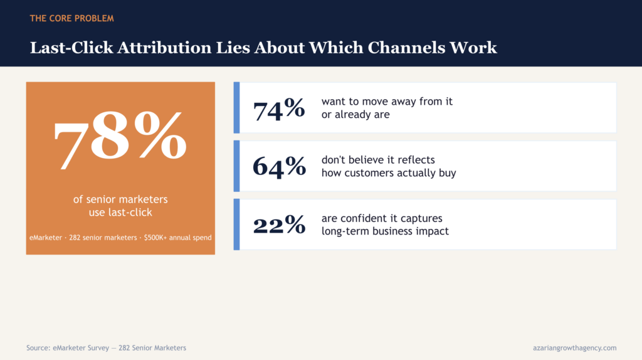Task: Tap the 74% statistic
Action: pos(279,109)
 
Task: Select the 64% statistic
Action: pos(279,167)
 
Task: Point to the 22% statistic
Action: pos(279,225)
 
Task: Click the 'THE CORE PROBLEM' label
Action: pos(71,18)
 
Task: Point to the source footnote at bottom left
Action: pos(106,347)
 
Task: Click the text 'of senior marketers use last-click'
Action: pos(120,206)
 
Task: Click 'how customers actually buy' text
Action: pos(389,173)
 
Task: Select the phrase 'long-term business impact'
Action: pos(385,231)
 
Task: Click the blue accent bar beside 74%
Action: pos(236,108)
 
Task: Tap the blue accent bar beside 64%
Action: pos(236,166)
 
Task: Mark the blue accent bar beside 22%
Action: pos(236,224)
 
